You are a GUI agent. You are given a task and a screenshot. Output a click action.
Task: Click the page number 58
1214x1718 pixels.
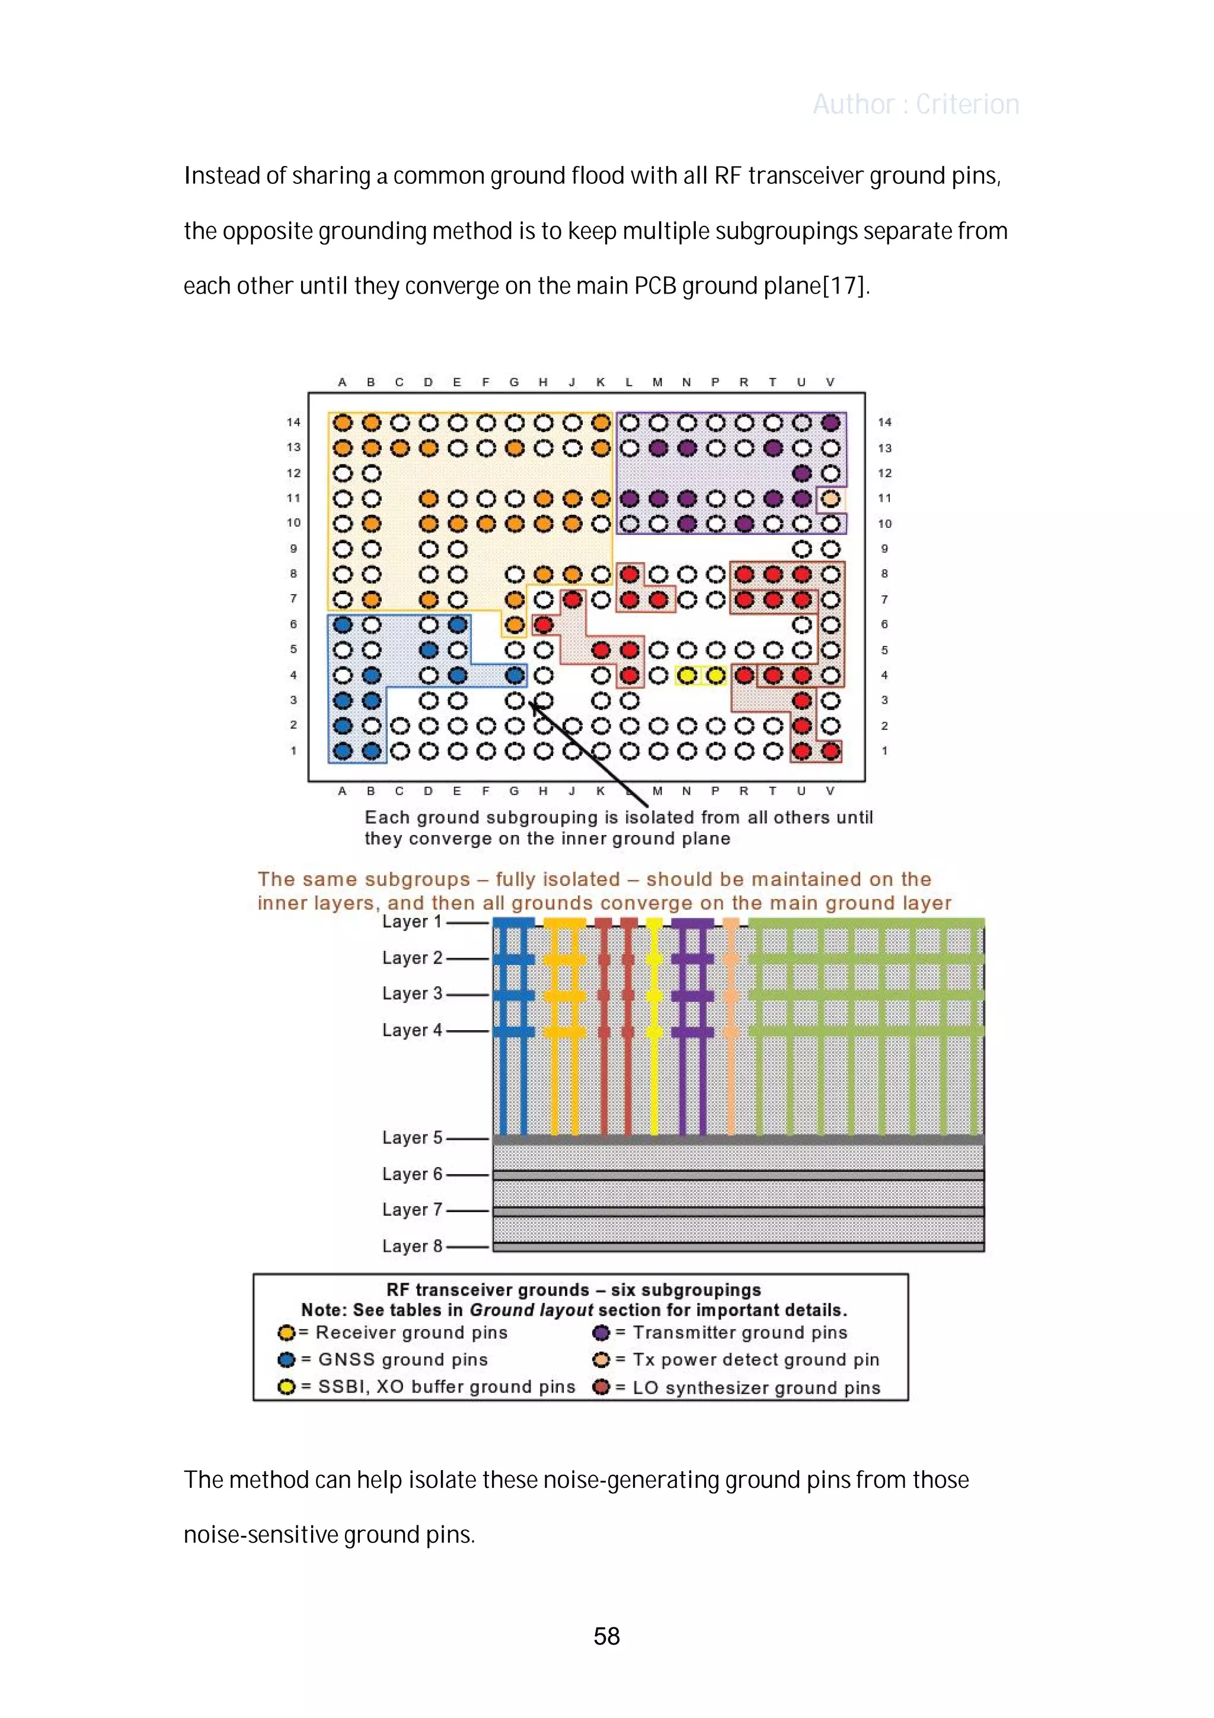click(x=606, y=1636)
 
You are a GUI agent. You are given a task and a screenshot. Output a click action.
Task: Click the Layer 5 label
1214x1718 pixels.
click(x=412, y=1137)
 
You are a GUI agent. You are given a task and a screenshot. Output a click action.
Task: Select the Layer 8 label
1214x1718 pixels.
click(x=412, y=1246)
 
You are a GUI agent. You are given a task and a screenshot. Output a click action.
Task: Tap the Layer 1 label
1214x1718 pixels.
click(x=412, y=922)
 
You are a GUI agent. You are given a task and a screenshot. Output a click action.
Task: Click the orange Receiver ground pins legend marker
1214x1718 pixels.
click(x=286, y=1333)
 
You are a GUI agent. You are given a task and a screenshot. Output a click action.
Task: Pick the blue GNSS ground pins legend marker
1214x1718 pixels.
click(x=286, y=1360)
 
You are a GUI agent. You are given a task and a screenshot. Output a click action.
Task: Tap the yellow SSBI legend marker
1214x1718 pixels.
click(x=286, y=1386)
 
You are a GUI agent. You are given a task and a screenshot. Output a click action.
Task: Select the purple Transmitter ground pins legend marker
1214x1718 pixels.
click(x=600, y=1333)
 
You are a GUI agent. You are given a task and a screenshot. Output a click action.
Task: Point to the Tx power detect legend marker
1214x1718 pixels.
click(x=600, y=1360)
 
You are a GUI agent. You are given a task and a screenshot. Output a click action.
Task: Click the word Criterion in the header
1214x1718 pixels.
click(x=967, y=104)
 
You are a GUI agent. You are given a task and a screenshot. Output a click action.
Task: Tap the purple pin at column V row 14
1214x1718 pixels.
click(x=830, y=423)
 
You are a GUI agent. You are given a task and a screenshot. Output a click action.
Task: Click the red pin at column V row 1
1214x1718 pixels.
click(x=830, y=751)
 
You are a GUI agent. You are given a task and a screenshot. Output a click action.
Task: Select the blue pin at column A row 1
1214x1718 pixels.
click(x=343, y=751)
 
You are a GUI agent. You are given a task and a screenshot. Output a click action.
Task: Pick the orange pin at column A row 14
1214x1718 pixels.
click(x=343, y=423)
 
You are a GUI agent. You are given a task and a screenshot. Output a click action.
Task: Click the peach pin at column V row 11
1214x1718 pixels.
click(x=830, y=498)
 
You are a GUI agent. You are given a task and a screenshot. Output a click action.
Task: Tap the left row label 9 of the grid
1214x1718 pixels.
click(x=293, y=549)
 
